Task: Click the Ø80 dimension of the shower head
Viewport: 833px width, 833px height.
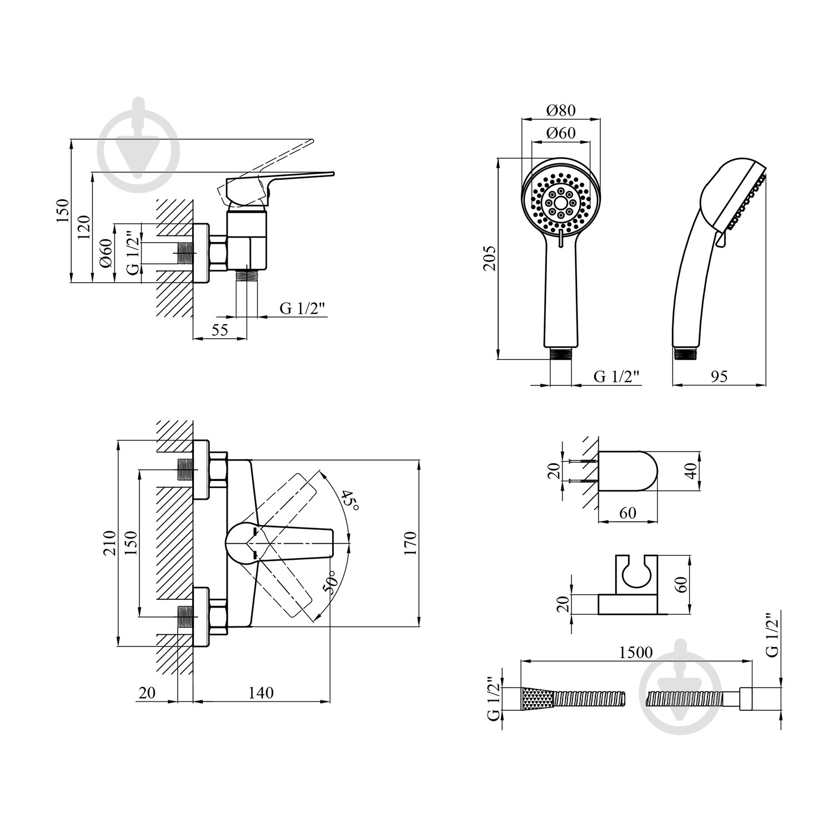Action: pyautogui.click(x=560, y=110)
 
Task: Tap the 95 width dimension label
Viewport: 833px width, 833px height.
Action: pyautogui.click(x=719, y=377)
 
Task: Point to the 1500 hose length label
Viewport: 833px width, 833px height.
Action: pyautogui.click(x=636, y=653)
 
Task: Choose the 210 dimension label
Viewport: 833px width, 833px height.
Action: pyautogui.click(x=109, y=543)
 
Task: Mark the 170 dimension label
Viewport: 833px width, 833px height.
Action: pyautogui.click(x=410, y=543)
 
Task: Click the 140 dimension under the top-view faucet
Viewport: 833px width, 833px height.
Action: pyautogui.click(x=261, y=693)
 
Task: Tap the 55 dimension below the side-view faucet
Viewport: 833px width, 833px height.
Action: pyautogui.click(x=220, y=329)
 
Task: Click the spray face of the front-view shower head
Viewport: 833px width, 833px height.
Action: pyautogui.click(x=560, y=202)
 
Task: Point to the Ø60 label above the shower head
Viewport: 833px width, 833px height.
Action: pyautogui.click(x=560, y=133)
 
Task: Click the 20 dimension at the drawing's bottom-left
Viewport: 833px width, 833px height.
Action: pyautogui.click(x=147, y=693)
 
